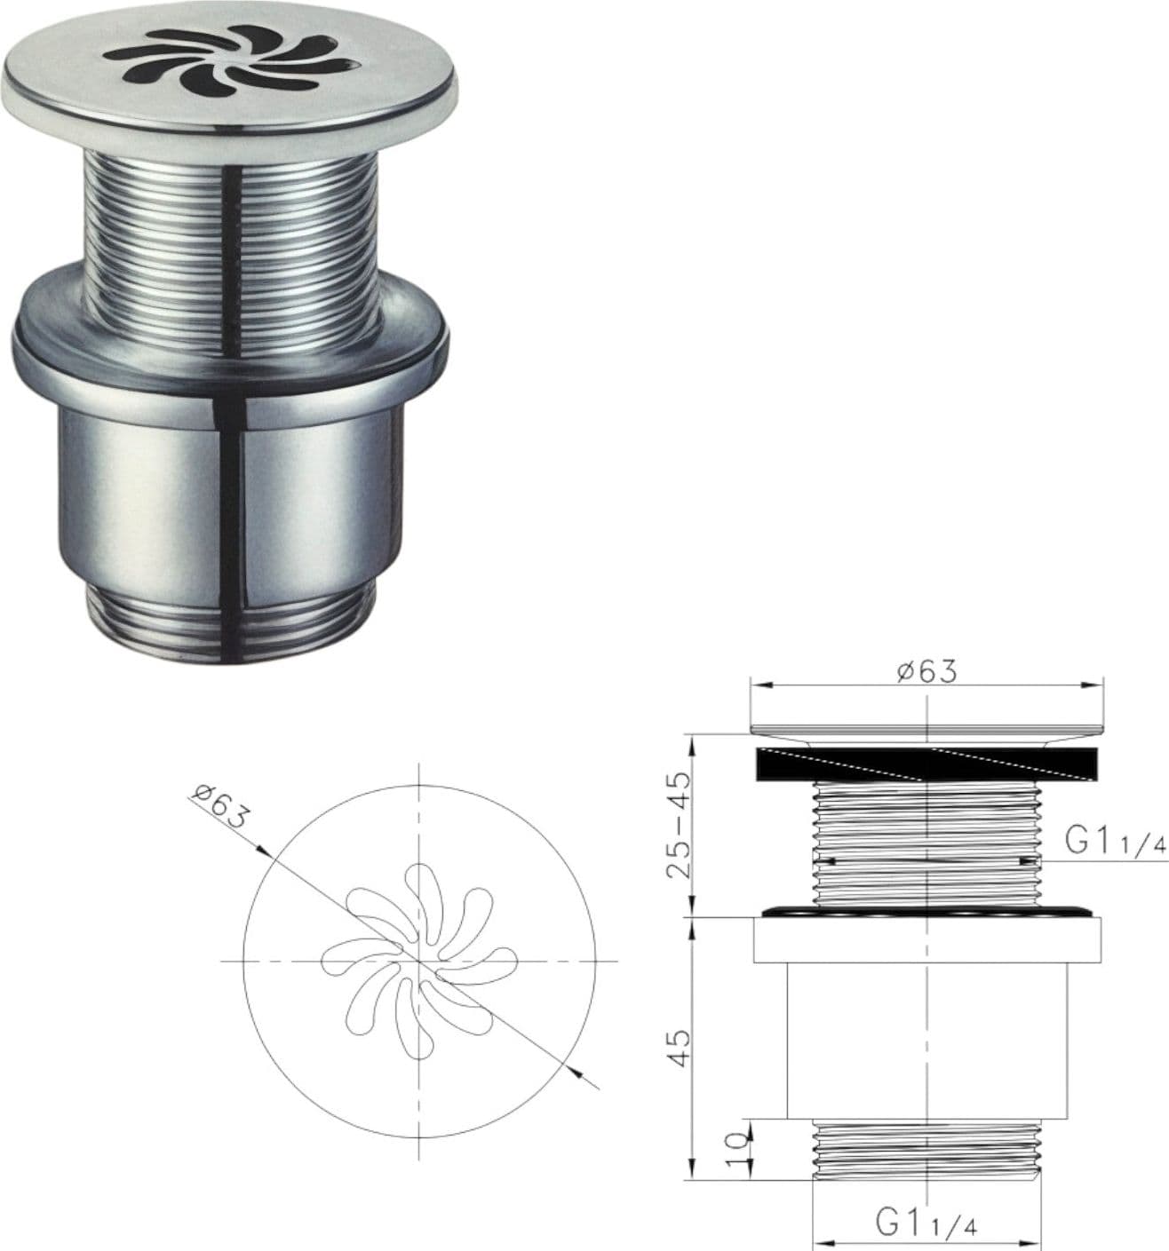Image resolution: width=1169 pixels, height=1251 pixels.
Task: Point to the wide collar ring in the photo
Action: click(x=231, y=339)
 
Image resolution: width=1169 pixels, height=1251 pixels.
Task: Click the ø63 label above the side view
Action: click(x=926, y=671)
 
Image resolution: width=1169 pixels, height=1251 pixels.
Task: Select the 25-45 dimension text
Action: click(x=680, y=825)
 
